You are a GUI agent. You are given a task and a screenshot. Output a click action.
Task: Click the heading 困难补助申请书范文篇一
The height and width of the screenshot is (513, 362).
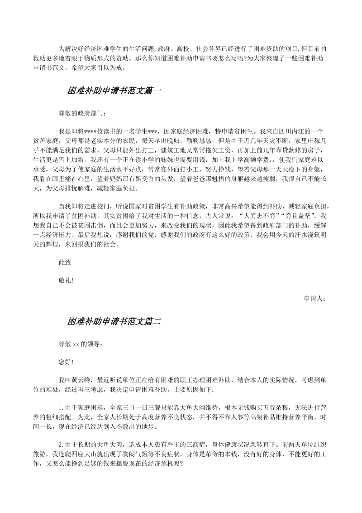click(114, 90)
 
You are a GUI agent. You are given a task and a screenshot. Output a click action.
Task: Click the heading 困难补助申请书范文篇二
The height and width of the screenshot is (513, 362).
click(114, 321)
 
